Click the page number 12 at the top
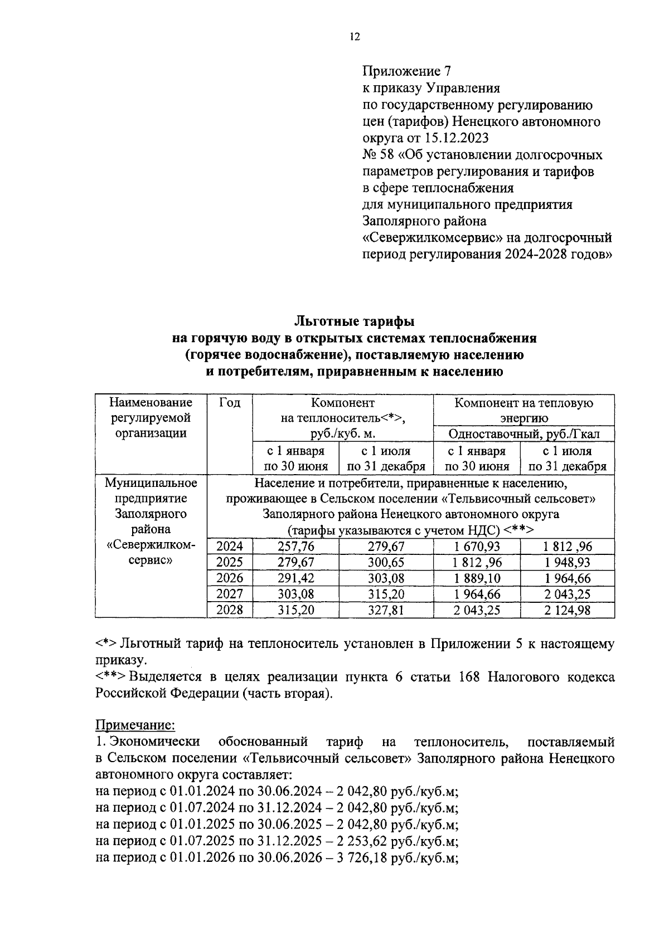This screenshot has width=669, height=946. (355, 37)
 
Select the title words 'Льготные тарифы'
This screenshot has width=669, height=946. (354, 321)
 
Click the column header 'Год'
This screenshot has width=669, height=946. (230, 403)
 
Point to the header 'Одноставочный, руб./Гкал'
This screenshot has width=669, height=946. (524, 434)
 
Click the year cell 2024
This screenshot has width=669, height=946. (230, 547)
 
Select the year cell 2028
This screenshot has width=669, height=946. (230, 610)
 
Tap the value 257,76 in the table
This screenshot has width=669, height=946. (296, 547)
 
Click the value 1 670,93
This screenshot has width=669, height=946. (477, 547)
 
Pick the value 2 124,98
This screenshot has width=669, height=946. (567, 610)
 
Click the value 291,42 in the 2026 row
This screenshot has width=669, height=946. (296, 578)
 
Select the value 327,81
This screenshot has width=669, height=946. (386, 610)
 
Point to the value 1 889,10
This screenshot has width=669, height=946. (477, 578)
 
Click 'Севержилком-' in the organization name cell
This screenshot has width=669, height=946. (151, 545)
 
